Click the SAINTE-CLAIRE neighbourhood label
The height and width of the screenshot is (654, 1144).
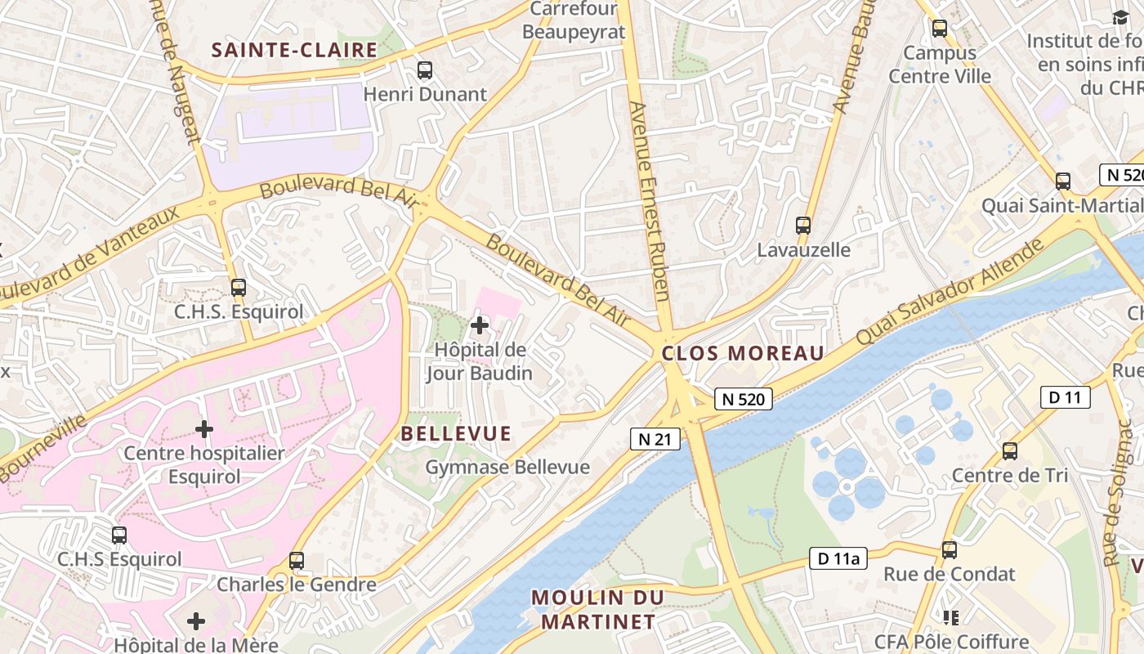click(x=294, y=50)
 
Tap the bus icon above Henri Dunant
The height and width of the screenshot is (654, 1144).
click(x=424, y=70)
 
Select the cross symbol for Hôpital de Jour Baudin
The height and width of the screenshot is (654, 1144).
click(x=480, y=325)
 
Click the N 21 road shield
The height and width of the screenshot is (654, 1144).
click(x=655, y=439)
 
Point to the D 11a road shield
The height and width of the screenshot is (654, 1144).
click(x=838, y=558)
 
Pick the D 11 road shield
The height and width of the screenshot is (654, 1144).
click(x=1066, y=398)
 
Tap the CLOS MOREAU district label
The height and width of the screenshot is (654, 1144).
click(x=743, y=353)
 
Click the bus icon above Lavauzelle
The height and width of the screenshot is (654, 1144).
click(x=803, y=225)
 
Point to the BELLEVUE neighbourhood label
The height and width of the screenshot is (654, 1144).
click(x=456, y=434)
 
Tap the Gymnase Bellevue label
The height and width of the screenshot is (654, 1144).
click(x=507, y=468)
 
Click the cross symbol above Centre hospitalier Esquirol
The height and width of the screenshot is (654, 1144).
click(x=204, y=428)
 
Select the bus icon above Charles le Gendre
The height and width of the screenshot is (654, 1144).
click(x=297, y=561)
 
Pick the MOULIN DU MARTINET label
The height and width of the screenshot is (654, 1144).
click(x=597, y=609)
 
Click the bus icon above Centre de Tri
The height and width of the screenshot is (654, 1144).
click(x=1010, y=450)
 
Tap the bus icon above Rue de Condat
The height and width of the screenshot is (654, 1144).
click(x=949, y=550)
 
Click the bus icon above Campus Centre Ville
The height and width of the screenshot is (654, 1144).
click(x=940, y=29)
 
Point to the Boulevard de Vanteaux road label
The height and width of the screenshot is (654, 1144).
click(x=90, y=254)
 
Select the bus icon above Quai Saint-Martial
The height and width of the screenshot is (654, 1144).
click(x=1062, y=181)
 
